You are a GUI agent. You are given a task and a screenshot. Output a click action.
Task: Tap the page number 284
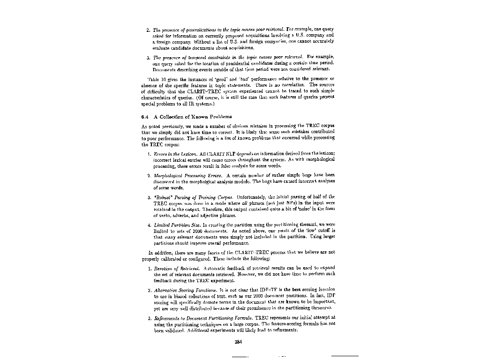coord(238,341)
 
